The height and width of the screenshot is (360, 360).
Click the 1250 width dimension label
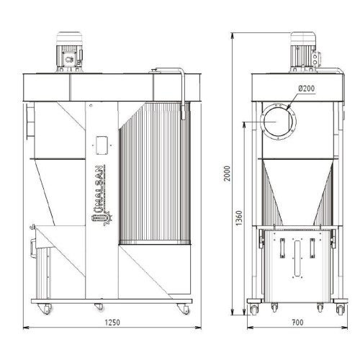point(112,323)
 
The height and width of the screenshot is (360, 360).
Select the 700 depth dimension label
point(297,323)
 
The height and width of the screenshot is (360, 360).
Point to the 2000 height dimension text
point(227,174)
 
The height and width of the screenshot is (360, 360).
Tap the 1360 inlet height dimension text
point(239,218)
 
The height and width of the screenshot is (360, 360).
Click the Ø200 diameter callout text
point(307,89)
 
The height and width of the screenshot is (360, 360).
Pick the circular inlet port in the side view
point(278,122)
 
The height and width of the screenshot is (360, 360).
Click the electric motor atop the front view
point(69,52)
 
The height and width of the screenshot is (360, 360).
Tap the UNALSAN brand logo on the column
point(102,195)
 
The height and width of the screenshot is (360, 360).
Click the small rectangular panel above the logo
point(102,145)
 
